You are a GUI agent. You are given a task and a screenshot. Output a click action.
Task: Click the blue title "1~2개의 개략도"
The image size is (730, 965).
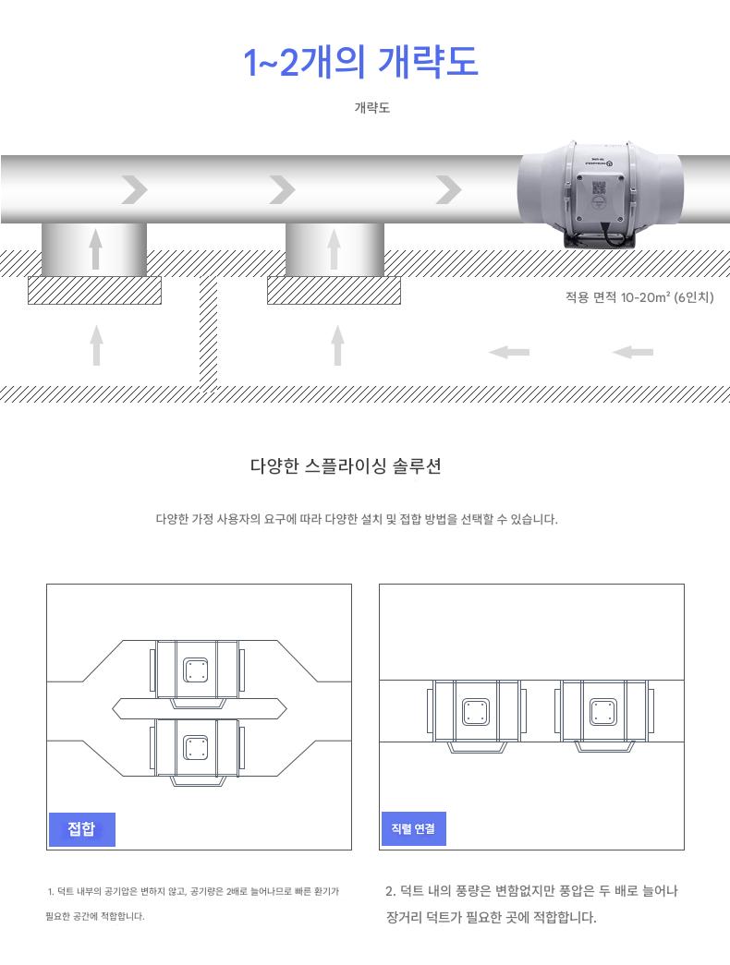pos(360,62)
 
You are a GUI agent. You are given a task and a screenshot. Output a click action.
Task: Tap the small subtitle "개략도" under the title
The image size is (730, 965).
pos(372,108)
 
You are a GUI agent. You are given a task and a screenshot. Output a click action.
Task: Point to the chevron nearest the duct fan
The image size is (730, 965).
pos(448,189)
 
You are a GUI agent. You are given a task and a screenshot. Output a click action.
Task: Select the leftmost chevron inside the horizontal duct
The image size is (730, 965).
pos(134,189)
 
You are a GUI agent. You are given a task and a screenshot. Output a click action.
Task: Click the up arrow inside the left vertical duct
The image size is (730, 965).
pos(95,248)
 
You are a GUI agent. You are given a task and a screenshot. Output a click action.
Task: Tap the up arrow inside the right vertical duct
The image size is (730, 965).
pos(334,248)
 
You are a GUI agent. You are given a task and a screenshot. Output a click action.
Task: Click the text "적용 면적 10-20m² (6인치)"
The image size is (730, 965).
pos(639,297)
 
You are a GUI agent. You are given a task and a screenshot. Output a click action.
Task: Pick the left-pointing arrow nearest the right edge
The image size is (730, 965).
pos(633,352)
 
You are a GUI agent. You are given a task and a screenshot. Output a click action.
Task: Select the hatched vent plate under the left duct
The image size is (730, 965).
pos(95,291)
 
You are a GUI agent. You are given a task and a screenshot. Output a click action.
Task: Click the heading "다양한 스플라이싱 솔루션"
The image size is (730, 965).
pos(346,466)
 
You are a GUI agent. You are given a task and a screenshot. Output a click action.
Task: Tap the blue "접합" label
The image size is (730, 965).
pos(82,829)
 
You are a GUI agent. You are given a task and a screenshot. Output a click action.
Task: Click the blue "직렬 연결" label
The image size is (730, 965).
pos(413,829)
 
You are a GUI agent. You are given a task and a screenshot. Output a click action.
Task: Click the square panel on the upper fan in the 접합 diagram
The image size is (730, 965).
pos(196,669)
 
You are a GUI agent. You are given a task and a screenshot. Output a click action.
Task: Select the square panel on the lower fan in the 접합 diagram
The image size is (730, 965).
pos(196,748)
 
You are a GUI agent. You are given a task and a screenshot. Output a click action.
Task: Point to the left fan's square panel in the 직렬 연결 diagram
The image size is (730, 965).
pos(476,712)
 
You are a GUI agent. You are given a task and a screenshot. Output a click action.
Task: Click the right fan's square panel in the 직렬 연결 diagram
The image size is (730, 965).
pos(603,712)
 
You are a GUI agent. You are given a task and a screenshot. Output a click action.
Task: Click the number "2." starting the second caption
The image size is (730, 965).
pos(391,890)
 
